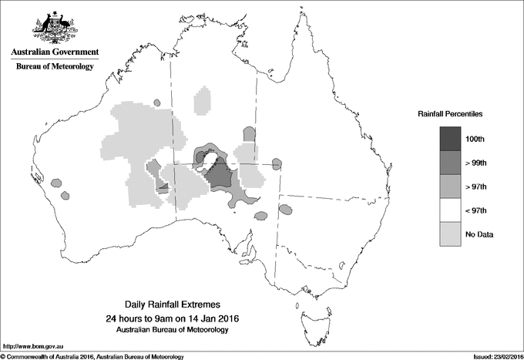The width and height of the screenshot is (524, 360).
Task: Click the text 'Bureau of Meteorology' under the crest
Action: pyautogui.click(x=55, y=67)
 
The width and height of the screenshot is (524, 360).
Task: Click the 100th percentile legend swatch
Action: pyautogui.click(x=451, y=139)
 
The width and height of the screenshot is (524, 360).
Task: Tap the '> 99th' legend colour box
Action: pyautogui.click(x=451, y=163)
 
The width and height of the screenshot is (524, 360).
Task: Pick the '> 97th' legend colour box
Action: pyautogui.click(x=451, y=187)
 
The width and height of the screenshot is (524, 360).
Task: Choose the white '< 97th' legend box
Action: pyautogui.click(x=451, y=210)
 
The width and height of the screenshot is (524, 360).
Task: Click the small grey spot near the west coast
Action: pyautogui.click(x=56, y=183)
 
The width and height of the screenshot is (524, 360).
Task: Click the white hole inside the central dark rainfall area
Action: pyautogui.click(x=208, y=158)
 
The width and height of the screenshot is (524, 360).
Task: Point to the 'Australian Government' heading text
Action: pyautogui.click(x=55, y=52)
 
